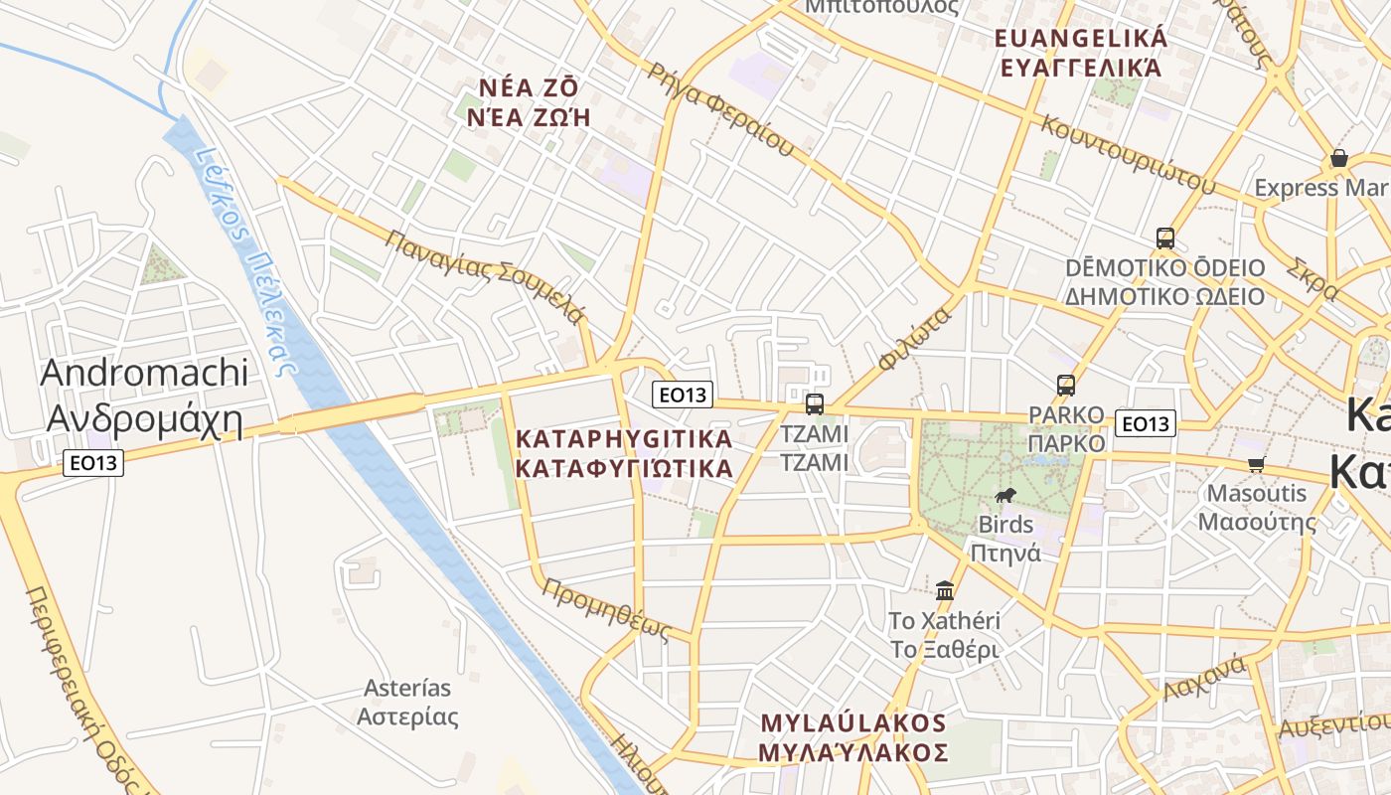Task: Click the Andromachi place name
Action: (x=144, y=396)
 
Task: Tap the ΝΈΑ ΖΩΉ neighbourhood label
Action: (x=529, y=101)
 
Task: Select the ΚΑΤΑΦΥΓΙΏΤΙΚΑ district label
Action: (x=625, y=453)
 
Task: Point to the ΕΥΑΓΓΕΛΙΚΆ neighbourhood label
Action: (x=1081, y=53)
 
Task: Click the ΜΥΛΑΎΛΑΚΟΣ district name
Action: (x=853, y=736)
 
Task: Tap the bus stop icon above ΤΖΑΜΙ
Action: (x=815, y=403)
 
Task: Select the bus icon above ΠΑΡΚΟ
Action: (x=1066, y=385)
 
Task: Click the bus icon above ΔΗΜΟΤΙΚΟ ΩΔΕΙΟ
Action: (x=1165, y=238)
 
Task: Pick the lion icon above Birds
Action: (x=1005, y=496)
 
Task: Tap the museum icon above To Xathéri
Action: (x=945, y=590)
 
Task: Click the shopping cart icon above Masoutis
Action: (x=1257, y=464)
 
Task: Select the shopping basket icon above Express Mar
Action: (x=1338, y=159)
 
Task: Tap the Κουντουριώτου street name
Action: (x=1128, y=154)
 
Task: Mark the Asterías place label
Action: (x=407, y=702)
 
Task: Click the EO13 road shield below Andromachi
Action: (x=93, y=462)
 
